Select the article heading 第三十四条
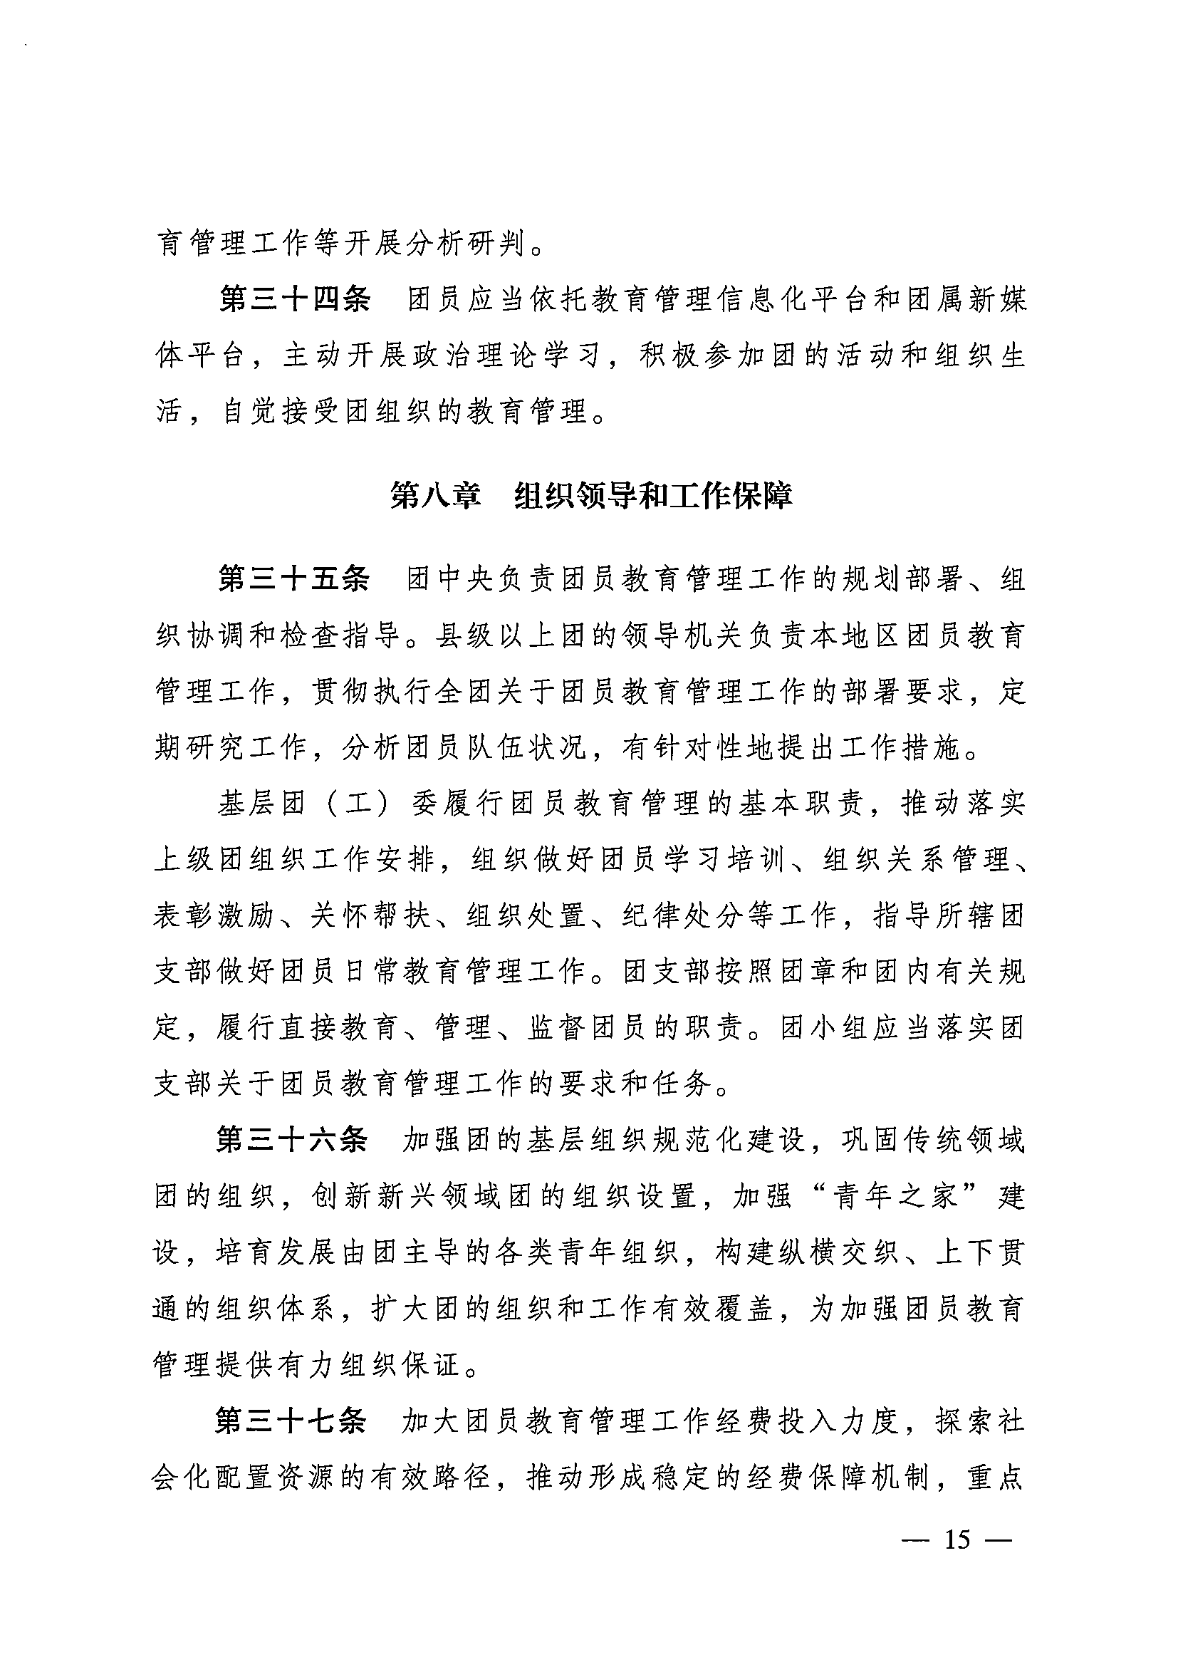[295, 300]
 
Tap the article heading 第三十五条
[295, 578]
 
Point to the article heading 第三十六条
[293, 1139]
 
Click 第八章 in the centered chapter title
[435, 496]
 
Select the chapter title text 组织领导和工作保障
[652, 496]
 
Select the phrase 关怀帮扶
[370, 915]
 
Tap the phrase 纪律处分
[681, 915]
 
